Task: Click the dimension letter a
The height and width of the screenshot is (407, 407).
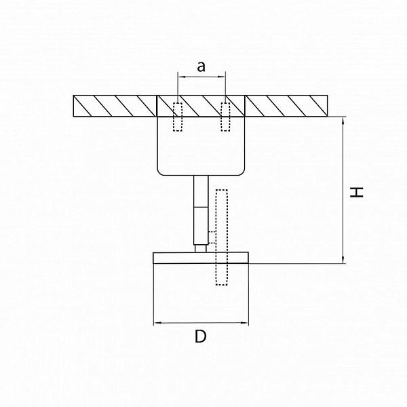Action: (201, 66)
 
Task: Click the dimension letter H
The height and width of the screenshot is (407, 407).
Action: (357, 192)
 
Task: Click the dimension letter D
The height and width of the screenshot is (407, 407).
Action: (201, 336)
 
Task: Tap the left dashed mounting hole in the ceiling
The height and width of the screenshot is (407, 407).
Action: (178, 117)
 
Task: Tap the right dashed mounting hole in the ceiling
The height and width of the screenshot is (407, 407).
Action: (225, 117)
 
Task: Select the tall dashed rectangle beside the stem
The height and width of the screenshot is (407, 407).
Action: (222, 237)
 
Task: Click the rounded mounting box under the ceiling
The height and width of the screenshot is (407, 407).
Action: (201, 146)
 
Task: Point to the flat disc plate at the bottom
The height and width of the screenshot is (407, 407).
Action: (201, 258)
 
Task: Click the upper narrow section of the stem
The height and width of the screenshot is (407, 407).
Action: (201, 191)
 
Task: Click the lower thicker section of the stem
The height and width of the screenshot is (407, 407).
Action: (201, 226)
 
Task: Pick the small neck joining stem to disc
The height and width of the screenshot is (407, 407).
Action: (201, 248)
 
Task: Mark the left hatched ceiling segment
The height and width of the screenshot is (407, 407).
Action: (115, 106)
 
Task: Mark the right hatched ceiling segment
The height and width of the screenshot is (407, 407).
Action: (286, 106)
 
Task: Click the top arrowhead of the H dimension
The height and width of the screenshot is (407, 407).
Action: (343, 120)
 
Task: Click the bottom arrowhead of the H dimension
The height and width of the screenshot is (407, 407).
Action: (343, 260)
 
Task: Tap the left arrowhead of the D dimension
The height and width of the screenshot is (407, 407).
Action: (157, 323)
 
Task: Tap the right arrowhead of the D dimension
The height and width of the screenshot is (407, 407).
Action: (245, 323)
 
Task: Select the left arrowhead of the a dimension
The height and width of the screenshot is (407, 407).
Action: (181, 77)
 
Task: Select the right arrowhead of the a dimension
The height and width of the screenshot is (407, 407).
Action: (222, 77)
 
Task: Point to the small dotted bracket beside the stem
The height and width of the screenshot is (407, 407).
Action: (212, 237)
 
